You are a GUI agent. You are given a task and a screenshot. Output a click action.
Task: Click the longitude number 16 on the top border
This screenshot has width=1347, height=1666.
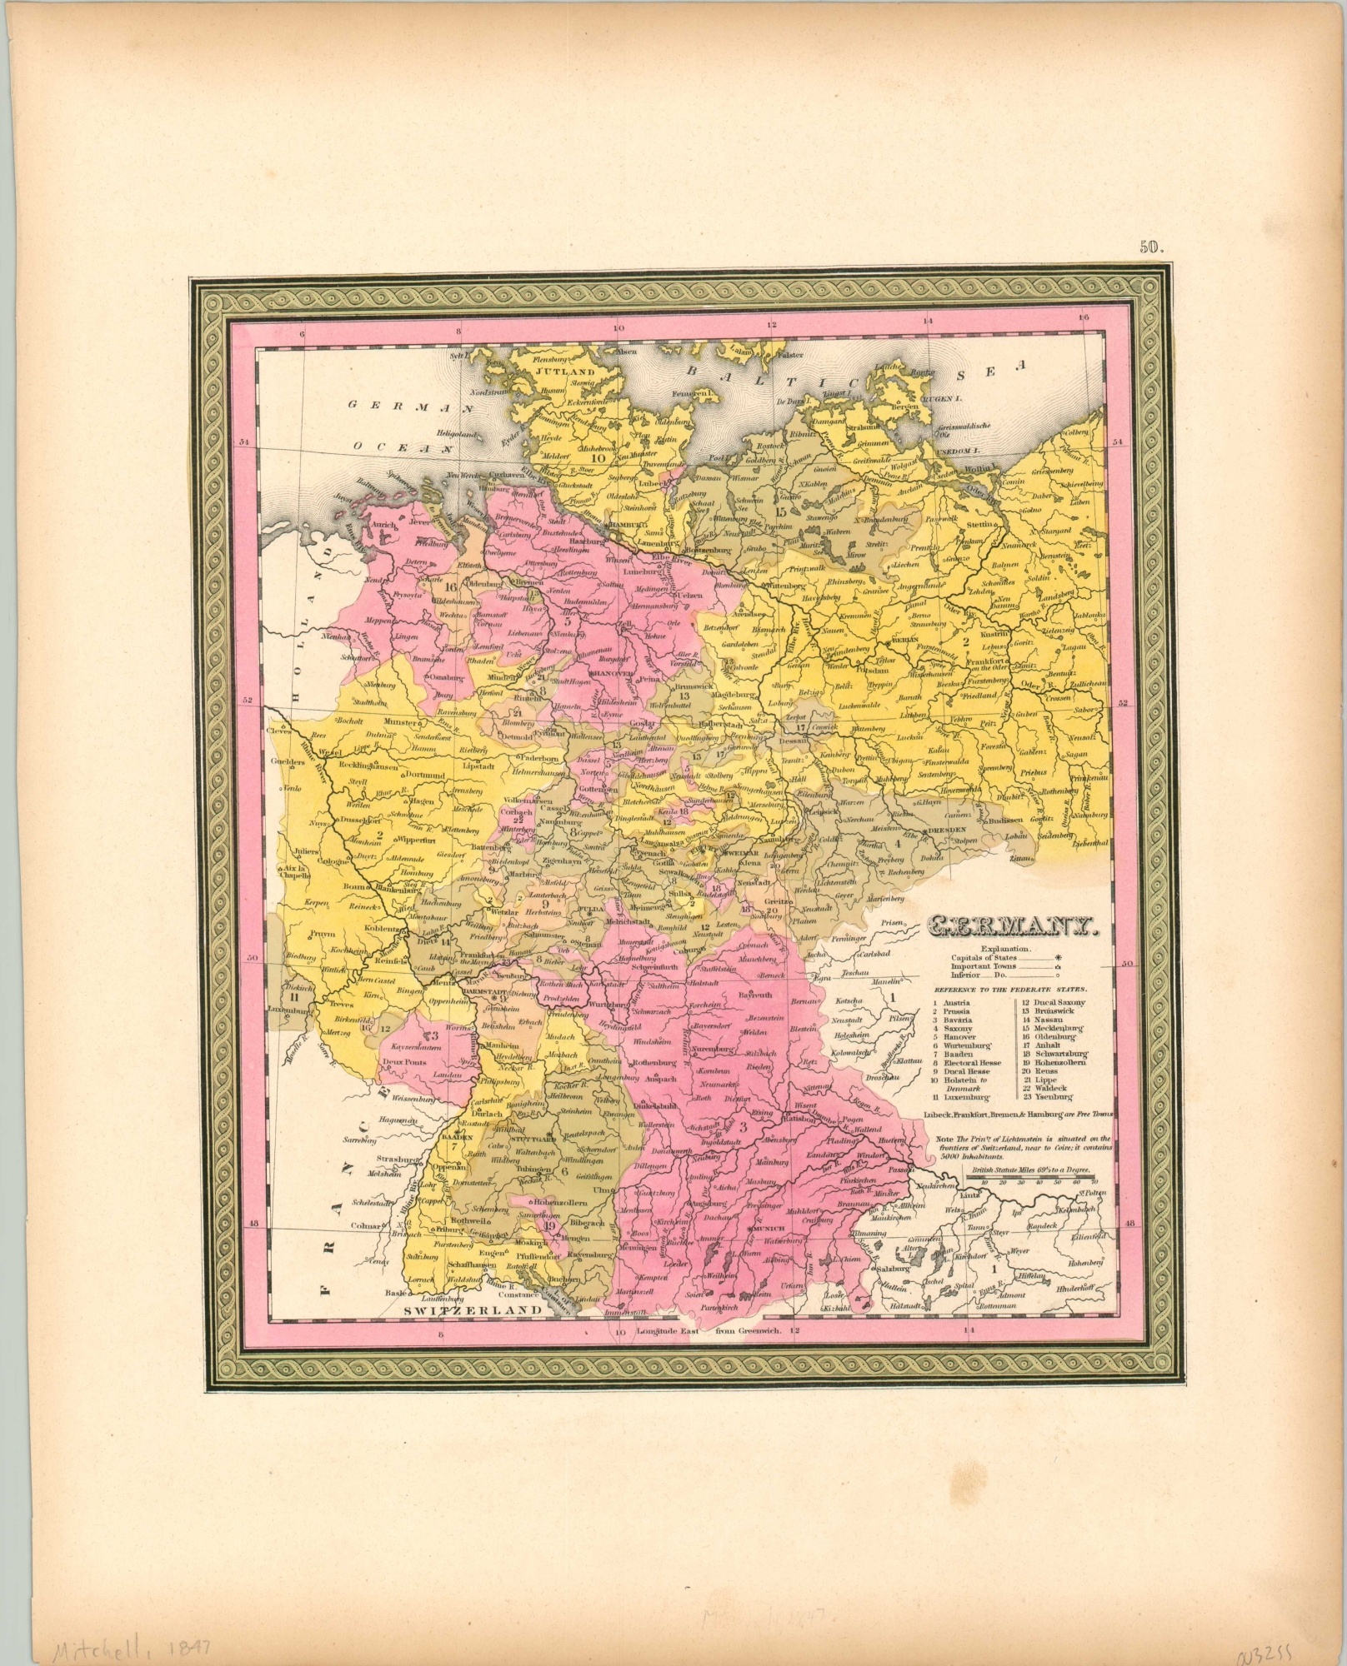tap(1083, 317)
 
